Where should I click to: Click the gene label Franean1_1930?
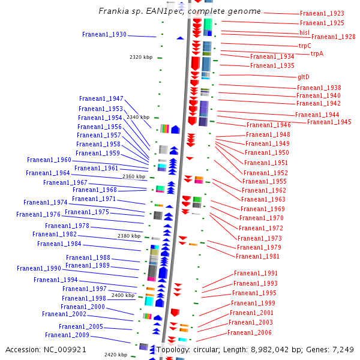point(104,34)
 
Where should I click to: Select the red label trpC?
point(305,46)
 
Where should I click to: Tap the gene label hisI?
point(304,32)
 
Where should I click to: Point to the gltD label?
point(304,77)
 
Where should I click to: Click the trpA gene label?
point(317,53)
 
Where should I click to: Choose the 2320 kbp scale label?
point(141,57)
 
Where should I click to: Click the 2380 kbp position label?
point(129,236)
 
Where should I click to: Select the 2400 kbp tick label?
point(123,295)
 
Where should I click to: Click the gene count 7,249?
point(343,350)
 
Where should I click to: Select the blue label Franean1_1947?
point(101,99)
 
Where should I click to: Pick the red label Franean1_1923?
point(322,14)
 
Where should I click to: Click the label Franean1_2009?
point(67,335)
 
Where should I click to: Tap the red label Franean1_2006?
point(250,332)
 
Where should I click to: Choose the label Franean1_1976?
point(38,214)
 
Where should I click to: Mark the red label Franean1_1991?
point(256,273)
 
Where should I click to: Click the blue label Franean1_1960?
point(49,160)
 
